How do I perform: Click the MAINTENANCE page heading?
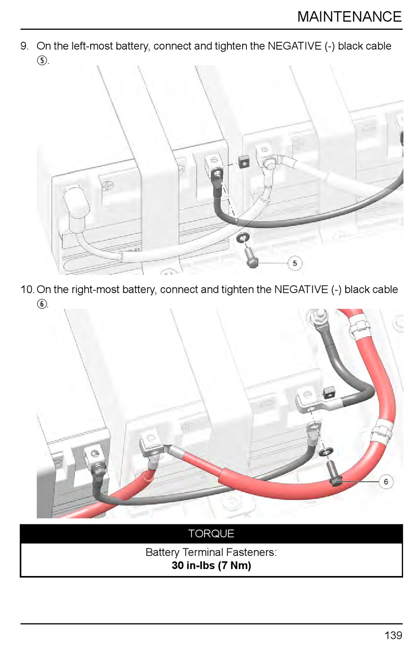click(349, 17)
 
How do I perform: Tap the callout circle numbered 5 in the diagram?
click(295, 263)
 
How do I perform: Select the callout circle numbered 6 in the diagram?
click(385, 481)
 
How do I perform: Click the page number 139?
click(393, 635)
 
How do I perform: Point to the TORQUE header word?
click(211, 534)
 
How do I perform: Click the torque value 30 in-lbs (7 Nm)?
click(211, 566)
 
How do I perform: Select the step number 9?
click(25, 46)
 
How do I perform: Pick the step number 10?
click(27, 290)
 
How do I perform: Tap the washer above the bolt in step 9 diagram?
click(243, 238)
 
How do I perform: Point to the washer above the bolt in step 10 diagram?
click(326, 451)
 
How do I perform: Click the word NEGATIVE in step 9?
click(294, 46)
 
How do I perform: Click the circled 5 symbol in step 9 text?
click(42, 60)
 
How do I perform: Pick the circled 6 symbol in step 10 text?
click(42, 304)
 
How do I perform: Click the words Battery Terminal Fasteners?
click(211, 552)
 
